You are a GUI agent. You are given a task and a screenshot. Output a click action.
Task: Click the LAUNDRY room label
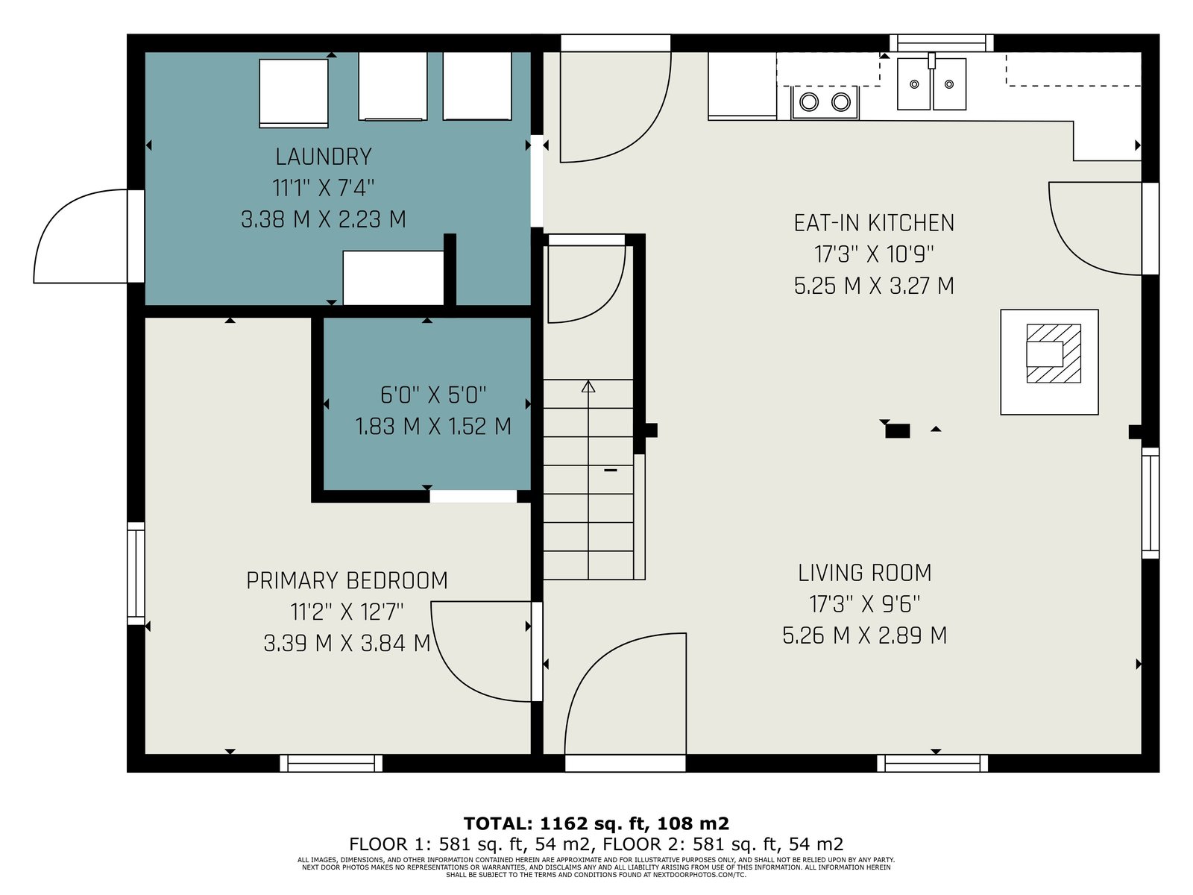tap(324, 157)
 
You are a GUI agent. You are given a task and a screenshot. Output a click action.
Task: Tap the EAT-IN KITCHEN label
tap(874, 223)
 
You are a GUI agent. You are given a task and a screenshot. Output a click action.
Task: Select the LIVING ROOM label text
tap(865, 574)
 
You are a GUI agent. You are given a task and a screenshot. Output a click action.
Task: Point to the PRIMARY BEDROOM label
tap(347, 581)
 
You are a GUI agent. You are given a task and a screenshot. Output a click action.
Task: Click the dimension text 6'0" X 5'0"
tap(433, 395)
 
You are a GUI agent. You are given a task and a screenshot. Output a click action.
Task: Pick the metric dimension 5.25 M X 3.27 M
tap(874, 286)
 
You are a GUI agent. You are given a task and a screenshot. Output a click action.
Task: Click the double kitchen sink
tap(931, 84)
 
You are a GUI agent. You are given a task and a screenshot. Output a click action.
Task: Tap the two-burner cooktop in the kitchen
tap(825, 101)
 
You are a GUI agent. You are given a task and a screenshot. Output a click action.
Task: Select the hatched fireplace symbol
tap(1054, 354)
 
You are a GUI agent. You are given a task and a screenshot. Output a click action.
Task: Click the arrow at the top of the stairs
tap(588, 386)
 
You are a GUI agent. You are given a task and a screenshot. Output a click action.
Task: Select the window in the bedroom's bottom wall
tap(331, 763)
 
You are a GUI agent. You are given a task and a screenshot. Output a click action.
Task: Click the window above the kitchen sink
tap(942, 43)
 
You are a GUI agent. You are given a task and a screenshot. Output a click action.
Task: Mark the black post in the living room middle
tap(897, 431)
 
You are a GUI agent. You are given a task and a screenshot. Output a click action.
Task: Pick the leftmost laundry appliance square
tap(294, 93)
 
